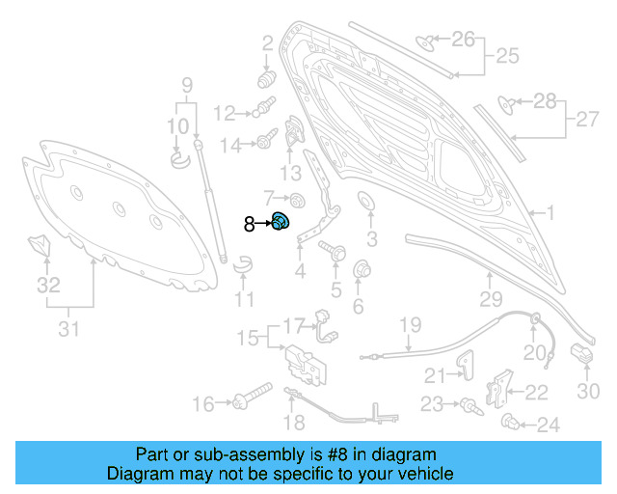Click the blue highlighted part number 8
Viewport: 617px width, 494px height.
[x=281, y=222]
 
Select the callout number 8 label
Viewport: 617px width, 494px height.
[x=249, y=224]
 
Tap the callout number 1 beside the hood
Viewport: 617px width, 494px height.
[x=550, y=213]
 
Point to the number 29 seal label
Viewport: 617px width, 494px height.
[x=492, y=299]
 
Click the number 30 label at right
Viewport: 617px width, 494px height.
[x=587, y=391]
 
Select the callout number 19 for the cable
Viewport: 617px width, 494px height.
[x=410, y=324]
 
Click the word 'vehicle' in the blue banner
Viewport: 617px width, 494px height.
[x=423, y=474]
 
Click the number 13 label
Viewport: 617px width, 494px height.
[x=291, y=173]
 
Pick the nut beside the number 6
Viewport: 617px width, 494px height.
[x=363, y=269]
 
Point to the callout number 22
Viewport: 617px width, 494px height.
[x=536, y=391]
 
